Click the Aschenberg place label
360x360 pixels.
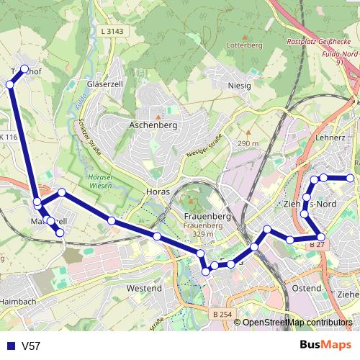tap(153, 125)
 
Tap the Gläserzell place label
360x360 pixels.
tap(107, 84)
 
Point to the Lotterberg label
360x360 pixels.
tap(245, 45)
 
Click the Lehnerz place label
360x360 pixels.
tap(330, 137)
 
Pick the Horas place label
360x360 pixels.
tap(158, 192)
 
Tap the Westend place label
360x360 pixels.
tap(144, 288)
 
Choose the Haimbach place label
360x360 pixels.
tap(18, 300)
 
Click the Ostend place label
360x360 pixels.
tap(307, 288)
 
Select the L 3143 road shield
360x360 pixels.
tap(113, 31)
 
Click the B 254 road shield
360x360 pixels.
tap(223, 314)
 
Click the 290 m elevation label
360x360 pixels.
tap(248, 143)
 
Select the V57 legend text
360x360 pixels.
tap(31, 346)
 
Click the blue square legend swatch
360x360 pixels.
tap(9, 346)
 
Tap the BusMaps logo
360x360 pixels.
tap(325, 346)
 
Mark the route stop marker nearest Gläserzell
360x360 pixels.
tap(25, 70)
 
